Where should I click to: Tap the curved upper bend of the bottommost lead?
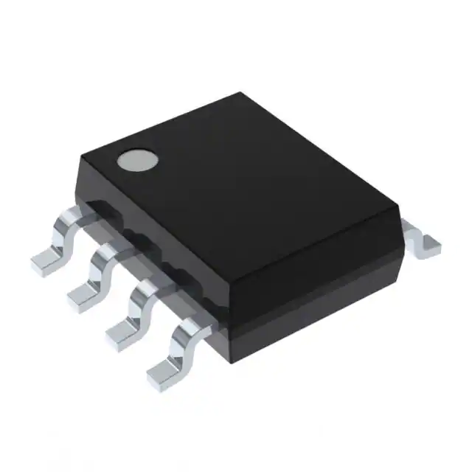[x=189, y=330]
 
